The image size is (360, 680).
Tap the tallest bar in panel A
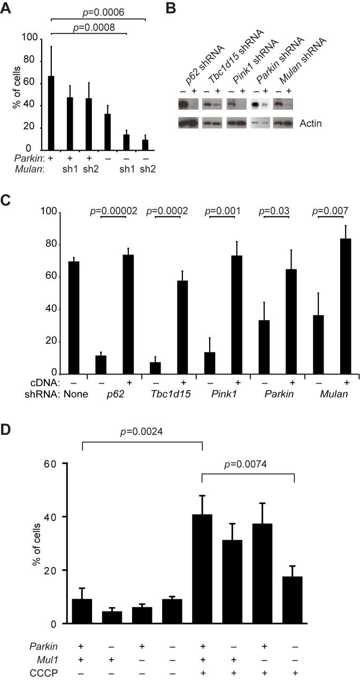click(51, 113)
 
